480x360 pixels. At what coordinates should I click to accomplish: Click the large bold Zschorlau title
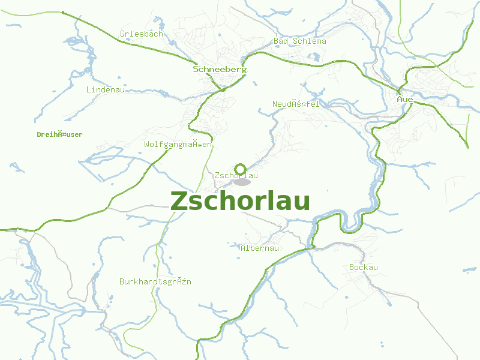point(240,201)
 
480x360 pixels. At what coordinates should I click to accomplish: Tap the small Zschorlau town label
point(236,175)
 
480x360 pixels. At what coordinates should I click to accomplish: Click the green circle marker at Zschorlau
point(241,169)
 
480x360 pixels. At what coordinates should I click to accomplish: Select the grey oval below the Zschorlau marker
point(242,182)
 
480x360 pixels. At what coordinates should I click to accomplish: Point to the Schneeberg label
point(220,69)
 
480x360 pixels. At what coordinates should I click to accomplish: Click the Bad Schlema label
point(300,41)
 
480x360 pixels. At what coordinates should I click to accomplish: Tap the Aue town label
point(405,98)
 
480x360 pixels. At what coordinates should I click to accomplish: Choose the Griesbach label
point(142,34)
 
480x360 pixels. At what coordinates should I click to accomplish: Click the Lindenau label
point(106,89)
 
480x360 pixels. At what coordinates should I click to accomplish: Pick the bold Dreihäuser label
point(59,134)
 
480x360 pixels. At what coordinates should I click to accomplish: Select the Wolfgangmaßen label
point(179,145)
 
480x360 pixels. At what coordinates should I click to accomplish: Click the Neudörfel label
point(296,104)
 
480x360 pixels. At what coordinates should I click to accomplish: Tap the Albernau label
point(260,248)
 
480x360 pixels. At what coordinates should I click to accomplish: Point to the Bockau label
point(364,267)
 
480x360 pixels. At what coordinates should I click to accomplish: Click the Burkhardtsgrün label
point(155,281)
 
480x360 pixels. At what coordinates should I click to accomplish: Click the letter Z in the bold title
point(179,201)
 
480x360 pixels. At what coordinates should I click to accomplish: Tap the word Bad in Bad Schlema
point(281,41)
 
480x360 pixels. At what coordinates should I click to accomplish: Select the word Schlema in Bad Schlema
point(309,41)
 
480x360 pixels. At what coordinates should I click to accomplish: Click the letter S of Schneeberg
point(196,69)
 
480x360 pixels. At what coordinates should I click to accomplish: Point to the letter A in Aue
point(400,98)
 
